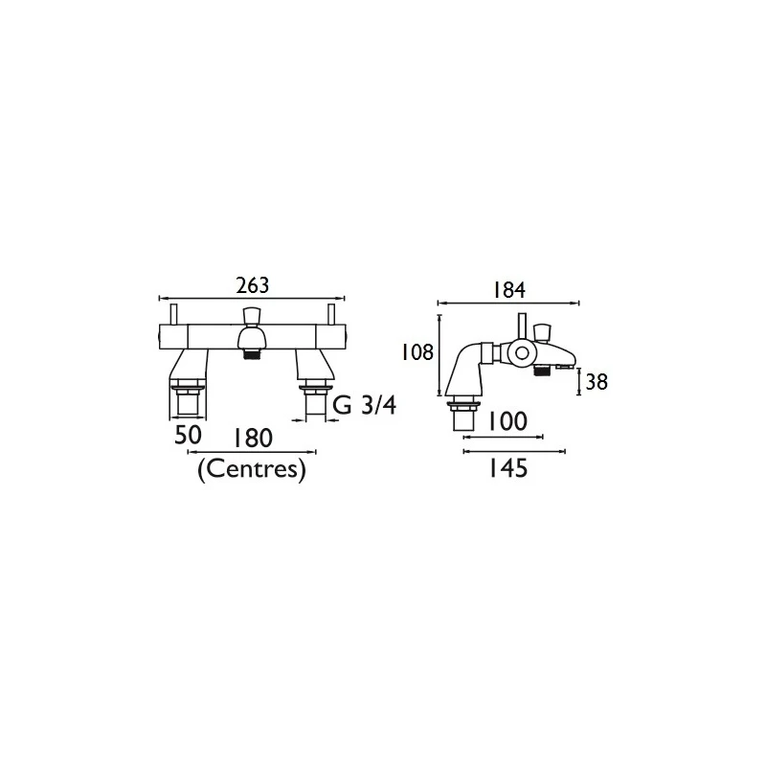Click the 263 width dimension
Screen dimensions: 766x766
(x=253, y=285)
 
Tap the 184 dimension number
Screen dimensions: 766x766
(x=508, y=290)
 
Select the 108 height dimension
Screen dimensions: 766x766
(x=417, y=352)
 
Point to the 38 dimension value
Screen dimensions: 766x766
(x=597, y=382)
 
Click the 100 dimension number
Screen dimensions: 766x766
(x=508, y=421)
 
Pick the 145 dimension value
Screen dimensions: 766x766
(x=508, y=468)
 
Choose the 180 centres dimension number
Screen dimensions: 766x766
(x=252, y=439)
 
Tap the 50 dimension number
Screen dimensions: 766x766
(x=188, y=435)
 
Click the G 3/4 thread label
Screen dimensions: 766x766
(x=365, y=405)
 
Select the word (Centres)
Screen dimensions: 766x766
(x=252, y=470)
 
